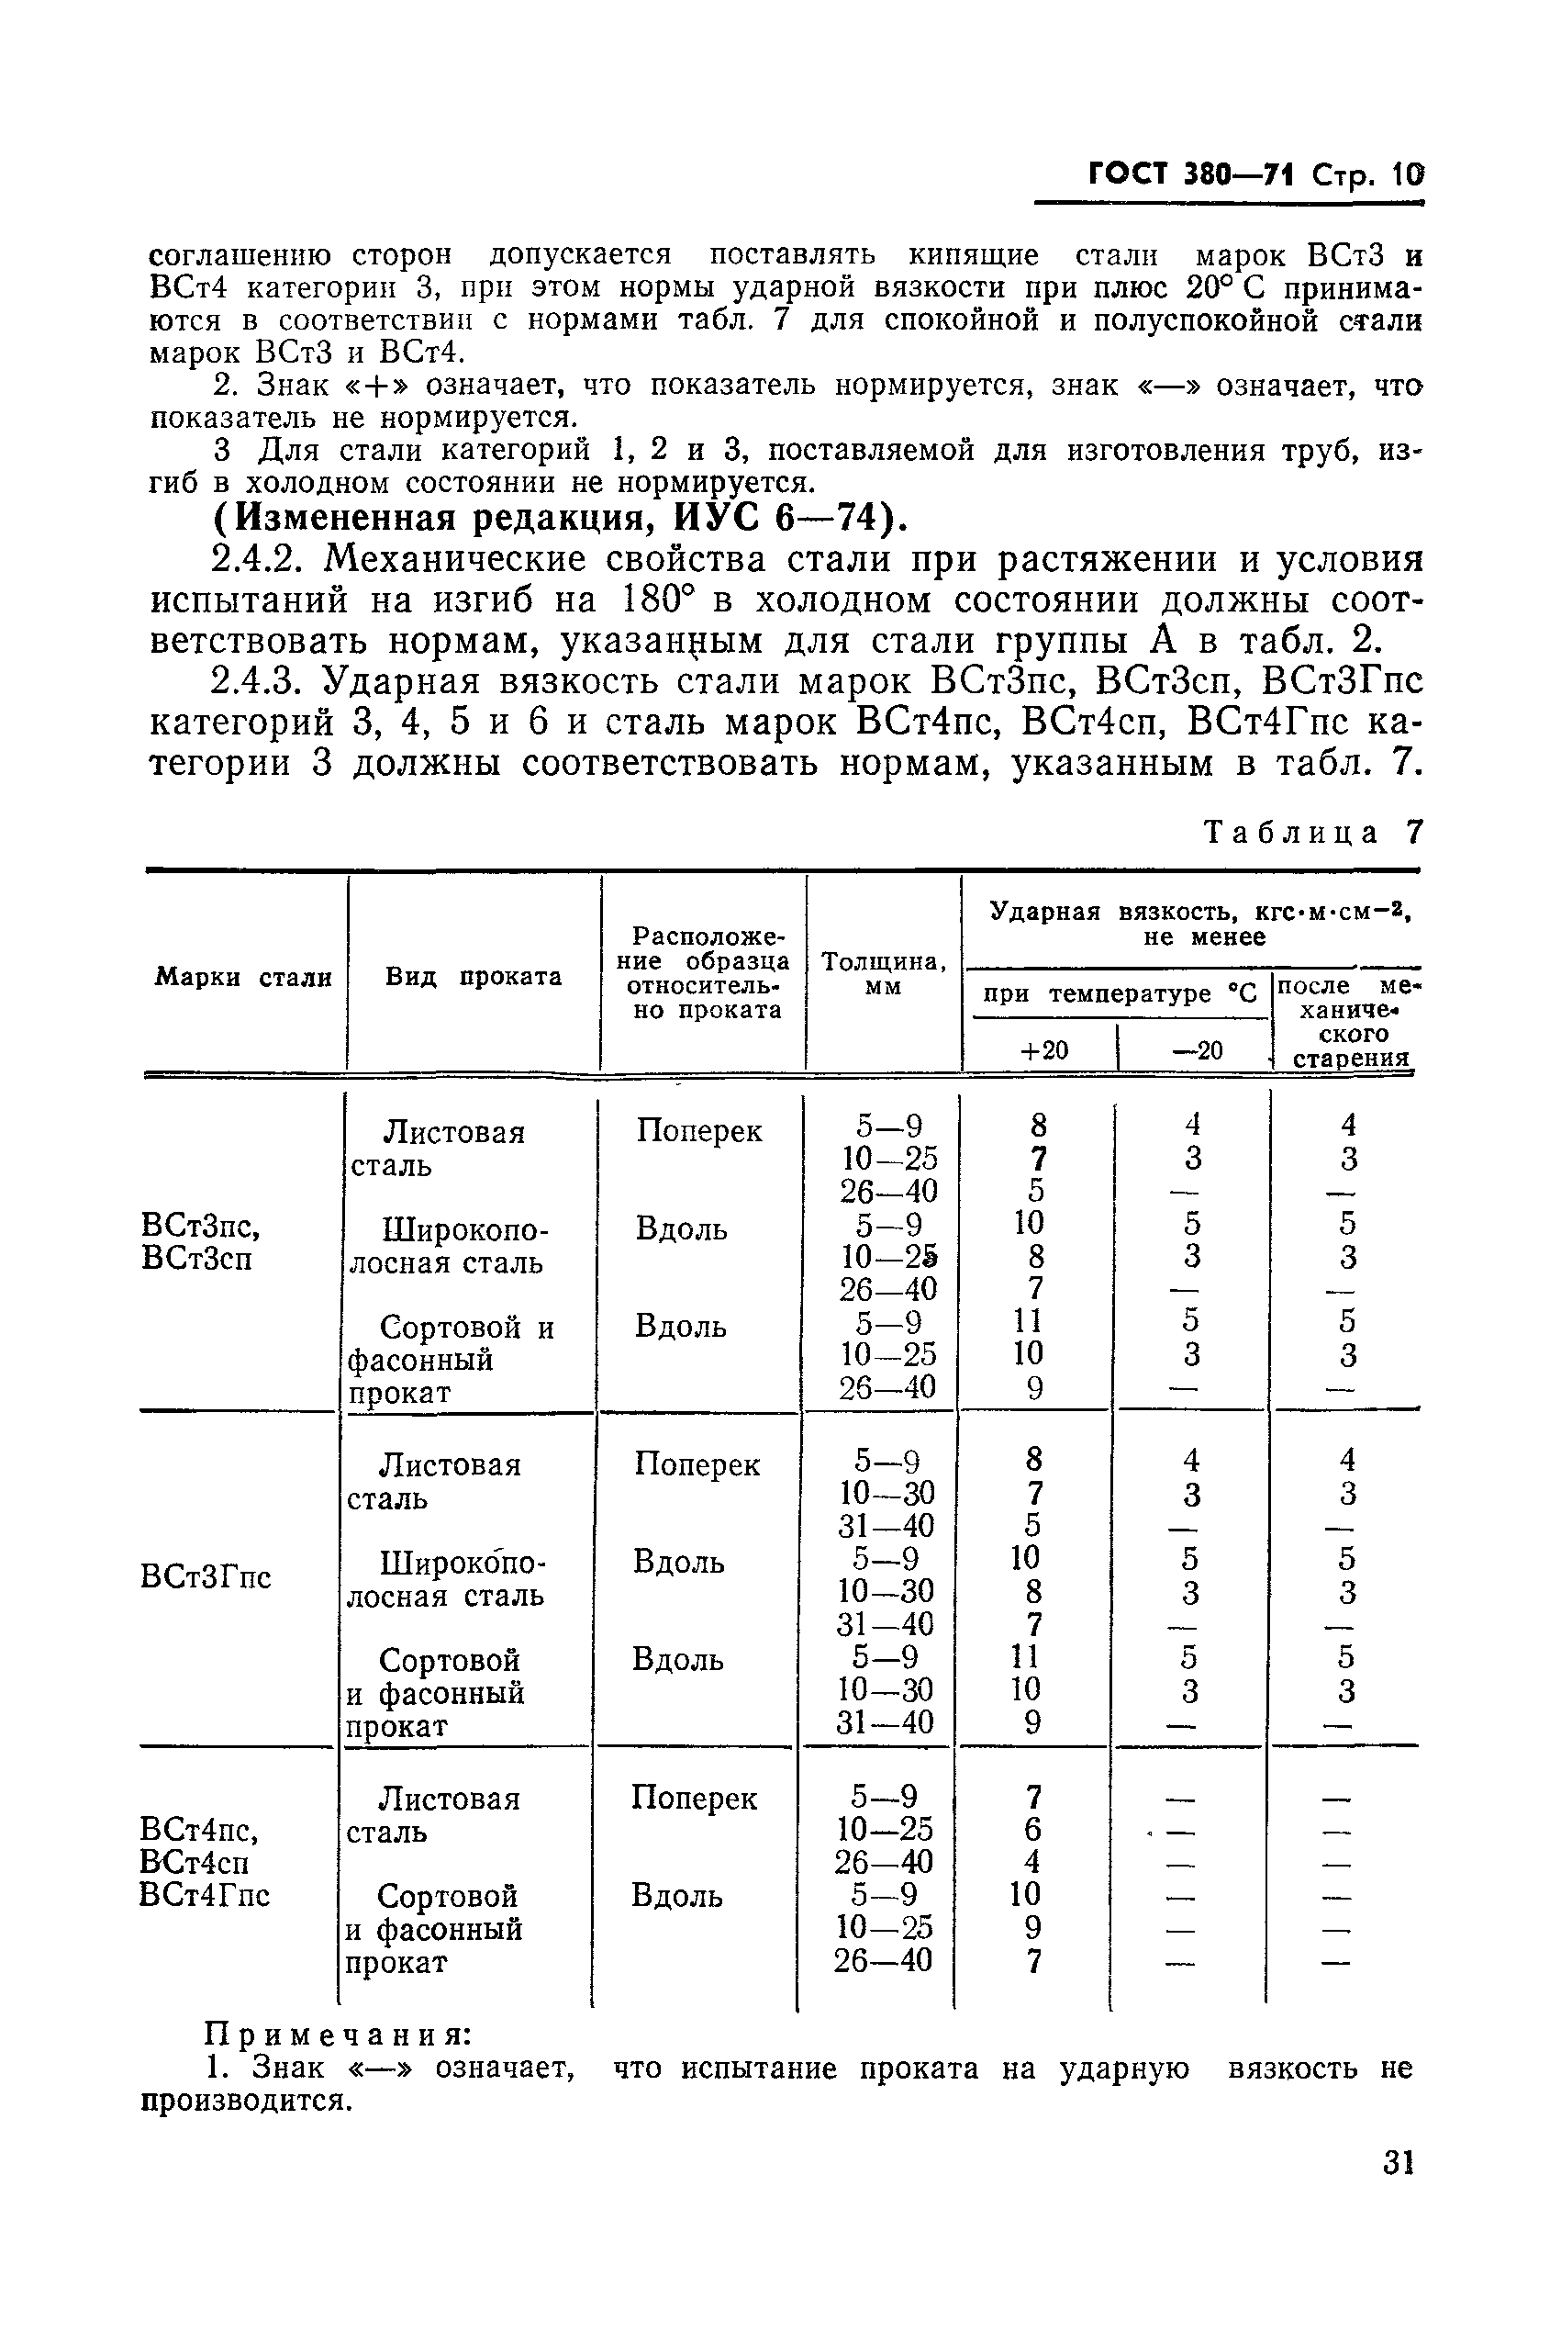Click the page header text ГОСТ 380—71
click(x=1189, y=175)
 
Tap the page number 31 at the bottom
click(x=1398, y=2191)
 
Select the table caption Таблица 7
click(x=1313, y=833)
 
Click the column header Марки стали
click(x=243, y=978)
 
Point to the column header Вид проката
click(x=473, y=977)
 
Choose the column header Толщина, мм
click(x=883, y=974)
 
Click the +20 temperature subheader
click(x=1043, y=1050)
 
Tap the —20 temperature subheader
click(x=1197, y=1050)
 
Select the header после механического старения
click(x=1346, y=1022)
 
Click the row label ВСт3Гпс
click(x=206, y=1577)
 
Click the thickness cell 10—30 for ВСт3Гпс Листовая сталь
click(x=885, y=1494)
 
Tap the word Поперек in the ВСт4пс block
click(x=694, y=1799)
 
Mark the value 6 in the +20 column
click(x=1032, y=1830)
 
